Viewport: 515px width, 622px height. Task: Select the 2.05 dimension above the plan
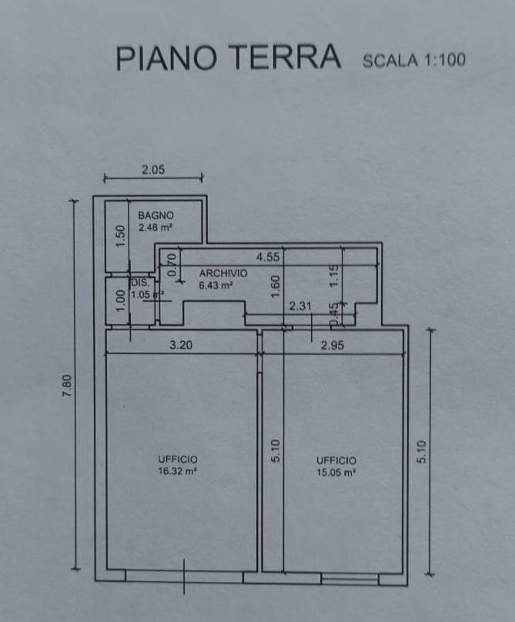(152, 170)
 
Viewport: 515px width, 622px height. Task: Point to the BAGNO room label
(156, 216)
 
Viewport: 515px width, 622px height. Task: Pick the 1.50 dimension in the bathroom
(120, 236)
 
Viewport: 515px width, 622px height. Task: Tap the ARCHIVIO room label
(223, 273)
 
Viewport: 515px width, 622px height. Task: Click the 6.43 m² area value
(216, 286)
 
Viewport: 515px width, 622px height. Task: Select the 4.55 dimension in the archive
(267, 258)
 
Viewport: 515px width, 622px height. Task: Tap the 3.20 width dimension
(180, 346)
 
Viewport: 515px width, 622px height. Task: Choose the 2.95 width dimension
(333, 346)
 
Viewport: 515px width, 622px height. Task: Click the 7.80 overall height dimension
(67, 385)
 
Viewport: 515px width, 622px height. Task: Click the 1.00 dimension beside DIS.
(120, 300)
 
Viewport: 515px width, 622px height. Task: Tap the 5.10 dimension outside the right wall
(421, 451)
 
